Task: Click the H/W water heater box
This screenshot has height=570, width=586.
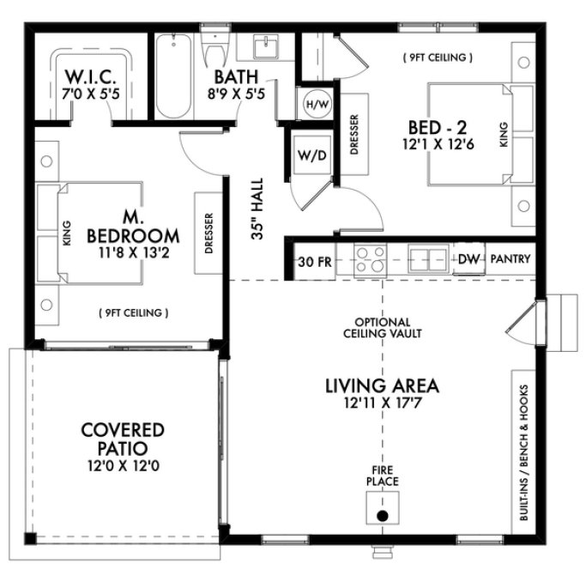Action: tap(314, 104)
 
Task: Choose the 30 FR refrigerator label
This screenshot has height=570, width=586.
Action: tap(312, 259)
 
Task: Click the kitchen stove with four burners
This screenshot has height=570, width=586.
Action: tap(372, 258)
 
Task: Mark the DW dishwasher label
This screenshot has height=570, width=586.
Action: tap(468, 258)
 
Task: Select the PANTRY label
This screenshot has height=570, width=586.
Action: tap(510, 258)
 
